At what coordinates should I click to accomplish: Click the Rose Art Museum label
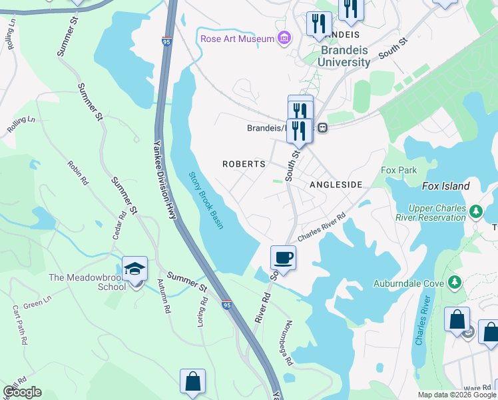(237, 39)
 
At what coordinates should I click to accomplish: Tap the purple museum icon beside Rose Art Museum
(284, 38)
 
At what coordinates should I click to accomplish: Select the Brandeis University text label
(346, 56)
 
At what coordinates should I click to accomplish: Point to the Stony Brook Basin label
(206, 201)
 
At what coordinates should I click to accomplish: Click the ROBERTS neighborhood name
(244, 164)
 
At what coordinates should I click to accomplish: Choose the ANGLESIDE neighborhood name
(336, 184)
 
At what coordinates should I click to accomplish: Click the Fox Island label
(445, 187)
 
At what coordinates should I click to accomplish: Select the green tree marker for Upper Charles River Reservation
(475, 212)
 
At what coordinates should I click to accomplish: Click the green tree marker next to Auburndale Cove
(455, 283)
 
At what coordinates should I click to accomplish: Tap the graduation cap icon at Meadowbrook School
(134, 269)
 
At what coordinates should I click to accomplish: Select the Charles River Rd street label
(322, 228)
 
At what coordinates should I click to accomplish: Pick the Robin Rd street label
(77, 172)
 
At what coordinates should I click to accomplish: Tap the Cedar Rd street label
(123, 225)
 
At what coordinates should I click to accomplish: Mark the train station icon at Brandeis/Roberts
(322, 128)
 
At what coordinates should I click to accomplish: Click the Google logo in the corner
(22, 392)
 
